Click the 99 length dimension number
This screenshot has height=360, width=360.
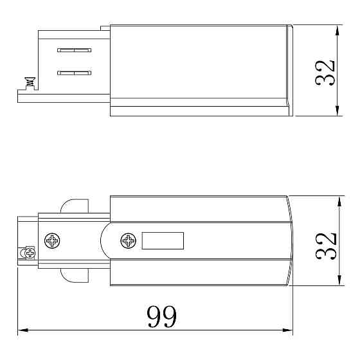(x=161, y=316)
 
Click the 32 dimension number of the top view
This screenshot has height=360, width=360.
(x=325, y=73)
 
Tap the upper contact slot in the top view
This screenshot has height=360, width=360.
(x=74, y=50)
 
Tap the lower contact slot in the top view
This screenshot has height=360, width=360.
(x=74, y=73)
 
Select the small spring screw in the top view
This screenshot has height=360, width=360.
(x=30, y=82)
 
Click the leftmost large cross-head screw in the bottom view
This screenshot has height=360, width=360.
(x=52, y=240)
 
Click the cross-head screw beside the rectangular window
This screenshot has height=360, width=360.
(x=128, y=240)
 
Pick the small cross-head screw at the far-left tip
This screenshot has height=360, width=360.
(x=30, y=253)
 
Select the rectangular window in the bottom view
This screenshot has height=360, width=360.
(x=163, y=240)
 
